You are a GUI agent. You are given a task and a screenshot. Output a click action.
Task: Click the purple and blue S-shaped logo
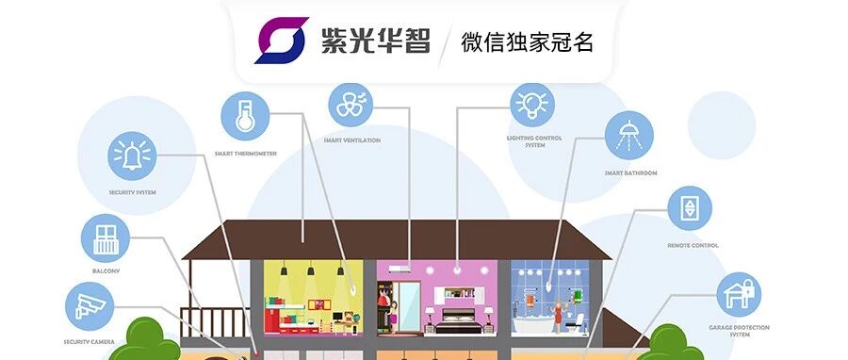[x=281, y=41]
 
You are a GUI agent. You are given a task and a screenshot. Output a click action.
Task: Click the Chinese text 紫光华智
[x=375, y=41]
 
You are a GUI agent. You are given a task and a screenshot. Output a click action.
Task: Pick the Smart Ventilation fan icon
[x=351, y=103]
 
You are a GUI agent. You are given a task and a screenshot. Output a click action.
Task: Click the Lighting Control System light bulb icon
[x=532, y=104]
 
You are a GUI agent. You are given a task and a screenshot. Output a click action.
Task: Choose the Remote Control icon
[x=690, y=207]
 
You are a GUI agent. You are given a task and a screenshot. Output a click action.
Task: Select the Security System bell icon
[x=133, y=155]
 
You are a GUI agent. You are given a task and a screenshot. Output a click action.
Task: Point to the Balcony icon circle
[x=105, y=237]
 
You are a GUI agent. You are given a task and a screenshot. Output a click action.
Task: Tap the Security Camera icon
[x=90, y=305]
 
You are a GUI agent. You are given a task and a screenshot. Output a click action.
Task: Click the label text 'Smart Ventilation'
[x=351, y=140]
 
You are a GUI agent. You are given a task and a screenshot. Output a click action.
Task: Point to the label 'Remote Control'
[x=693, y=245]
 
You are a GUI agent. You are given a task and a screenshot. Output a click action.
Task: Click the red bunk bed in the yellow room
[x=282, y=316]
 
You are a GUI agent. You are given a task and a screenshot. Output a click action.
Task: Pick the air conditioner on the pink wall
[x=397, y=268]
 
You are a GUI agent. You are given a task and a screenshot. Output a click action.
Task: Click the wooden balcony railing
[x=215, y=320]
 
